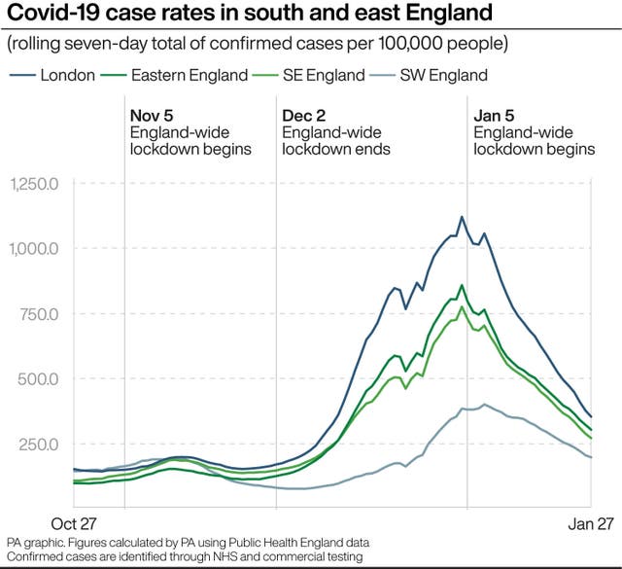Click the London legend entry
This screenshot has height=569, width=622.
(67, 75)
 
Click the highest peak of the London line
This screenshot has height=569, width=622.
(462, 217)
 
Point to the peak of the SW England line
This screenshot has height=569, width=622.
(484, 405)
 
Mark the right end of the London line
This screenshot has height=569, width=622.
(591, 417)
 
